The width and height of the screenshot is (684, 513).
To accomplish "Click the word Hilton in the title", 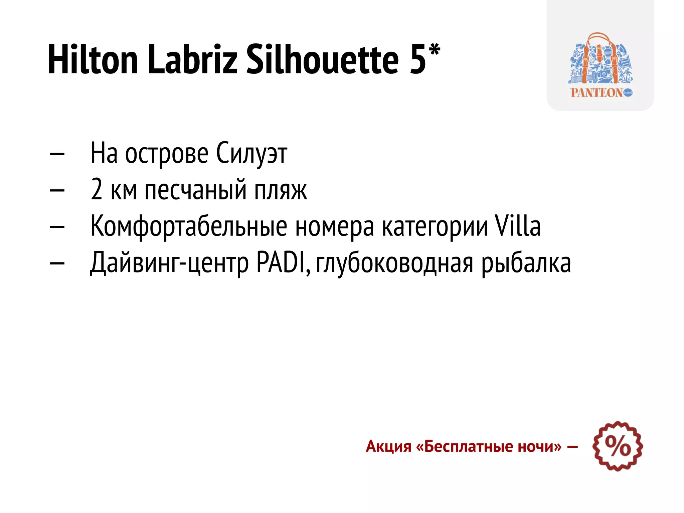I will pos(93,59).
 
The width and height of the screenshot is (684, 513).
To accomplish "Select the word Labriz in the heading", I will pos(192,59).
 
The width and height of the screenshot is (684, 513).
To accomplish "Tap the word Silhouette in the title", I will pos(322,59).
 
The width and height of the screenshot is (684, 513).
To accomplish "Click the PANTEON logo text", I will pos(596,93).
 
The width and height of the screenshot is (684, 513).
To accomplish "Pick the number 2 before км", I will pos(97,189).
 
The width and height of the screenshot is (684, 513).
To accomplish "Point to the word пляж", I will pos(281,190).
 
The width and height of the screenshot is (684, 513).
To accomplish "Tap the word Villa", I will pos(517,226).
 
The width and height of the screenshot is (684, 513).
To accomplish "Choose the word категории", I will pos(435,227).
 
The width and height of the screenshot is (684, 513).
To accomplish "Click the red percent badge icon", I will pos(618,446).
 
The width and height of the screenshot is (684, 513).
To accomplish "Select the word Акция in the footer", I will pos(388,446).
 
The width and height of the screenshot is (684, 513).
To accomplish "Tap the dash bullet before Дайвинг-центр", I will pos(57,263).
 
